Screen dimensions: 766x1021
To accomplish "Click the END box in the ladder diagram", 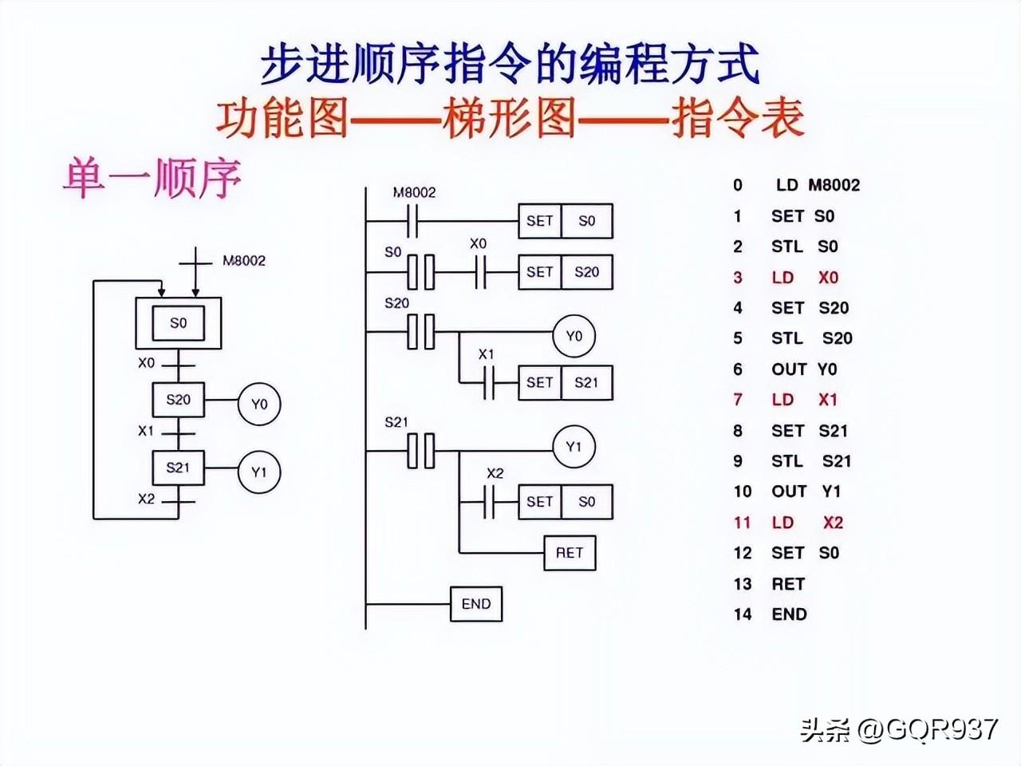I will click(x=476, y=604).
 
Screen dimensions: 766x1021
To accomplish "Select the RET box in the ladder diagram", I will click(x=570, y=553).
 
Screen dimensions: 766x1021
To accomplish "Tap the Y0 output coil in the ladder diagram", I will click(x=574, y=336).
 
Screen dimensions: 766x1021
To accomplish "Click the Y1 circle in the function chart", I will click(x=259, y=472).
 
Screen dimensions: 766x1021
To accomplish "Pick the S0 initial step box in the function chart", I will click(x=178, y=323).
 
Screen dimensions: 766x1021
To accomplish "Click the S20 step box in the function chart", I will click(x=178, y=400).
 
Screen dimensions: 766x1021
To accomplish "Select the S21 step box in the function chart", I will click(x=178, y=468).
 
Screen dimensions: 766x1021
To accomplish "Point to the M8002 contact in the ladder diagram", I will click(x=414, y=221).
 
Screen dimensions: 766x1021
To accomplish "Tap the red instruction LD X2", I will click(x=806, y=523).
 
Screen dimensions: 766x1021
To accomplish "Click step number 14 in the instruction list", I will click(x=743, y=614).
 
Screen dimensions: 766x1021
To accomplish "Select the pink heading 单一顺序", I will click(x=152, y=178).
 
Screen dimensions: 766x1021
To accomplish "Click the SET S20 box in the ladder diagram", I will click(x=565, y=272).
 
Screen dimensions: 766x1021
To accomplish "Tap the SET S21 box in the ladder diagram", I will click(x=565, y=382).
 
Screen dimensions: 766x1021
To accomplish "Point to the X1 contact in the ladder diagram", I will click(x=487, y=382).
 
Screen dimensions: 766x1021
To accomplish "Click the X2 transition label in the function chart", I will click(x=146, y=499).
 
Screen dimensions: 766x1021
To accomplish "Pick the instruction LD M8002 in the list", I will click(x=818, y=185).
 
